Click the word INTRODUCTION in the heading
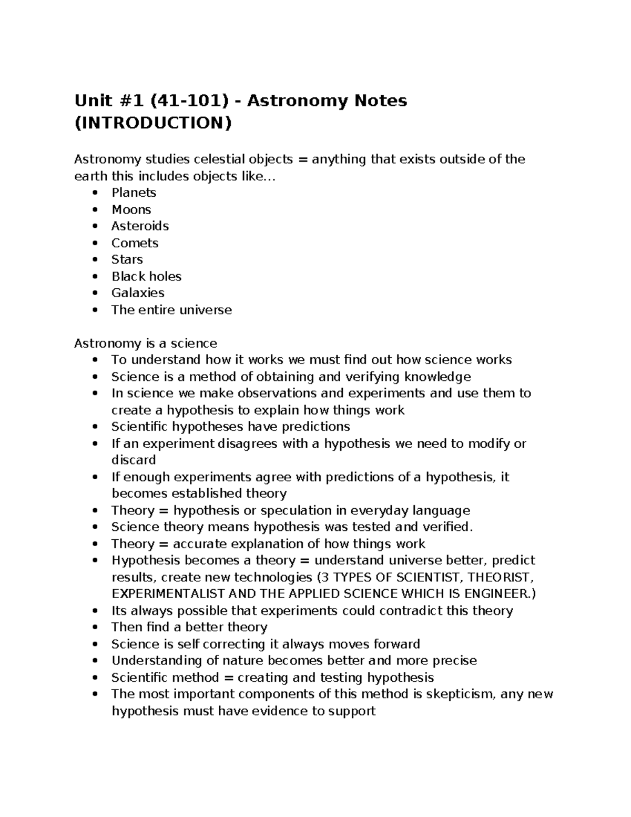(152, 123)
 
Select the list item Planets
(134, 193)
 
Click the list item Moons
(131, 209)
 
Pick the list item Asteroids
(140, 226)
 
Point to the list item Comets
(135, 243)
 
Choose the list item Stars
(127, 259)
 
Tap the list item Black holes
(146, 276)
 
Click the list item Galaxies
(138, 293)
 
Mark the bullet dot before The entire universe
(95, 310)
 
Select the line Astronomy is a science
(146, 343)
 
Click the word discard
(134, 460)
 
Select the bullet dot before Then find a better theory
(95, 627)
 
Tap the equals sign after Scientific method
(227, 677)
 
